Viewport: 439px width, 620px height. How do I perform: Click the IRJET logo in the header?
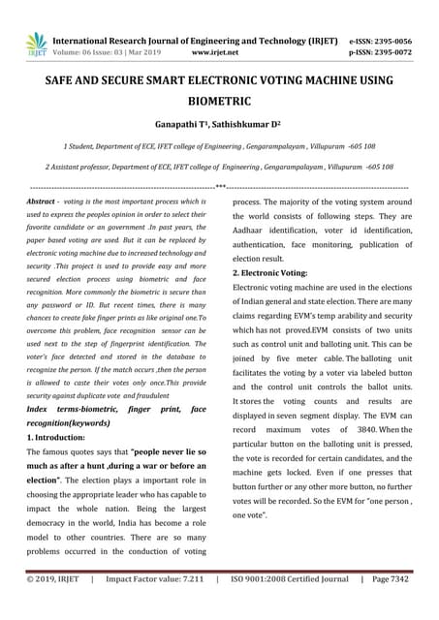36,44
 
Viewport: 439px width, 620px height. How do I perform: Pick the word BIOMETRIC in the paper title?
219,101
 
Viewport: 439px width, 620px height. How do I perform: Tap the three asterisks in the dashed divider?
220,185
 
